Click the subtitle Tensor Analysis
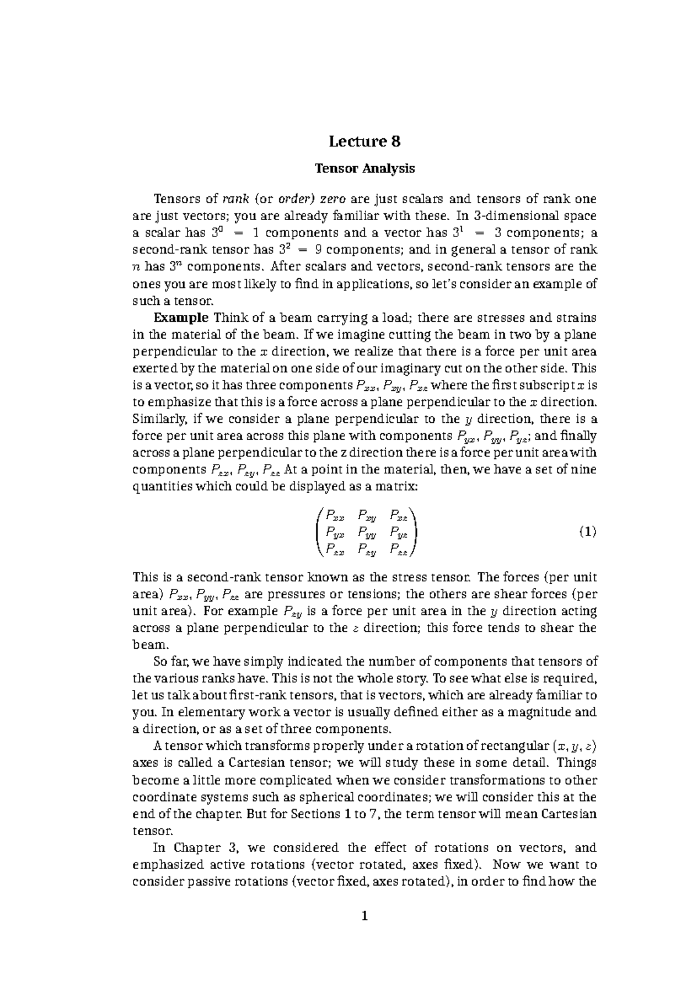pos(365,169)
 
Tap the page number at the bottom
pos(365,917)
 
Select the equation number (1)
pos(588,531)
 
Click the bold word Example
pos(181,318)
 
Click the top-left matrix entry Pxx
pos(335,515)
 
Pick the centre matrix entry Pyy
pos(367,531)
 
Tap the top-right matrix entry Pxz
pos(399,515)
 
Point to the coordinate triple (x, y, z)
pos(575,746)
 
